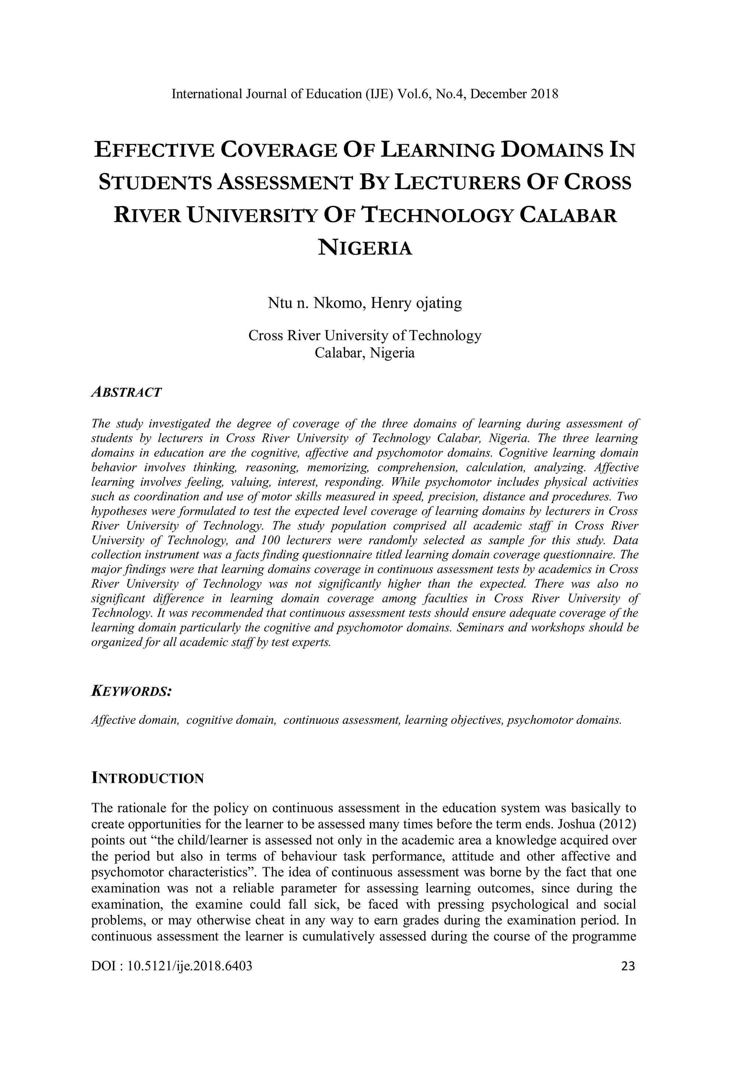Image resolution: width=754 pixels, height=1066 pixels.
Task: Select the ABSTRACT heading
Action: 126,392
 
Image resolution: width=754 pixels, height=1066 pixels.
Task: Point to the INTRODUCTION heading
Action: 148,778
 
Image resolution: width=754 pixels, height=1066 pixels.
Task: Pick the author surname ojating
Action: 440,303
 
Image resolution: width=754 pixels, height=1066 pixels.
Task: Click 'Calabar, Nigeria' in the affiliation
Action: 365,353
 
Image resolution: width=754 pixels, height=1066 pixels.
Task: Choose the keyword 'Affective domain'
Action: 135,720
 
